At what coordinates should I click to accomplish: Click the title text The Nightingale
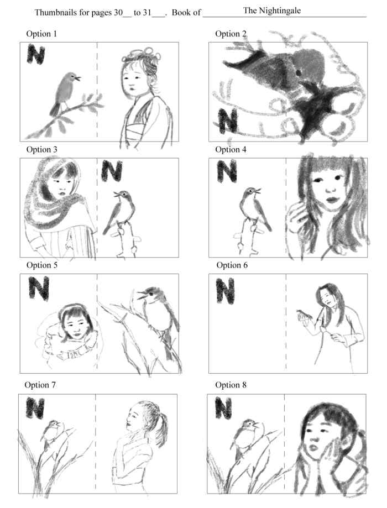[272, 11]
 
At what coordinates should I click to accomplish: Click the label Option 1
[41, 34]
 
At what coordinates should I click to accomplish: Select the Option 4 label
[231, 149]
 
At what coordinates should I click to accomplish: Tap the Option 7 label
[40, 385]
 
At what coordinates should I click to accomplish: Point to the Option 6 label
[232, 265]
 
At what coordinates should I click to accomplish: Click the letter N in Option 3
[112, 171]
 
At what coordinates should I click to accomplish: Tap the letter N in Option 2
[228, 121]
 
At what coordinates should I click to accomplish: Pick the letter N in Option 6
[225, 291]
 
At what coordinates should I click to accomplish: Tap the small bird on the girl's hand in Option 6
[304, 314]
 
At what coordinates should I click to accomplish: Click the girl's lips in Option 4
[331, 200]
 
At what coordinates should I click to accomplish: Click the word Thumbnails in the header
[56, 13]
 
